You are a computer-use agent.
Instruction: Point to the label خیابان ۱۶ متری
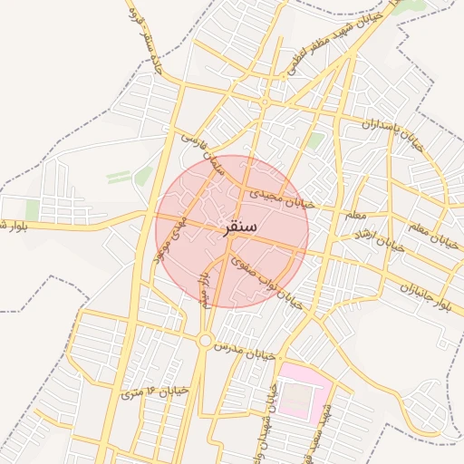coord(154,392)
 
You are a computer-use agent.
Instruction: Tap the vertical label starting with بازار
coord(208,287)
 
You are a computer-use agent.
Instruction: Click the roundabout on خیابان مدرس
coord(206,341)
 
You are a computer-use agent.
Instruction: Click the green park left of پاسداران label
coord(315,140)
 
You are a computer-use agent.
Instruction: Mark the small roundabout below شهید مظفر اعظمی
coord(264,102)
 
